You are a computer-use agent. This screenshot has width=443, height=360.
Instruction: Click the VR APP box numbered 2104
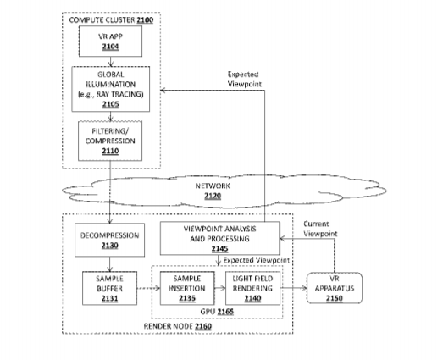pos(110,42)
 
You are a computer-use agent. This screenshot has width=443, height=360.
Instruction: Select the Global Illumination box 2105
pos(111,89)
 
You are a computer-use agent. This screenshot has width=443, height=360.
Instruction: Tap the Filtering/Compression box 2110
pos(110,141)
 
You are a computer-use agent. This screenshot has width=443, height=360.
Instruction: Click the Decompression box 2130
pos(109,240)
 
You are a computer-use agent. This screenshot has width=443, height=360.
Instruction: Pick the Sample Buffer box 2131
pos(109,288)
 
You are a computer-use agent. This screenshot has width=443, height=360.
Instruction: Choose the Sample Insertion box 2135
pos(187,288)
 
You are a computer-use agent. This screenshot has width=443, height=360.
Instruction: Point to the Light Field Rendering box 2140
pos(253,288)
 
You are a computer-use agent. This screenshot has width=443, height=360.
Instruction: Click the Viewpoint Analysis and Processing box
pos(220,238)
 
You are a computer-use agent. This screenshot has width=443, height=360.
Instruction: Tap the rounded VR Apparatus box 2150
pos(335,288)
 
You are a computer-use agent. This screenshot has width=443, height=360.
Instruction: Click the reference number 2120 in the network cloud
pos(213,196)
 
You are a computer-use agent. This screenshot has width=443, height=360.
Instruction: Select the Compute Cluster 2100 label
pos(111,20)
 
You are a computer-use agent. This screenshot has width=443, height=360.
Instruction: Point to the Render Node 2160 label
pos(178,326)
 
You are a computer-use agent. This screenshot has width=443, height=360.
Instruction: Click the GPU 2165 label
pos(217,312)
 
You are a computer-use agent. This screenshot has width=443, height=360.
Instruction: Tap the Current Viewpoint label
pos(320,229)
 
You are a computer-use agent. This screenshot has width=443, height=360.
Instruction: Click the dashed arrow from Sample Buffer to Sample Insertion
pos(148,288)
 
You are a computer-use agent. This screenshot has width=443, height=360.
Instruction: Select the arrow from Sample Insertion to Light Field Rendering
pos(220,288)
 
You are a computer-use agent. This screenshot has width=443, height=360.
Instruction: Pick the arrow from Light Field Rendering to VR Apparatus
pos(294,288)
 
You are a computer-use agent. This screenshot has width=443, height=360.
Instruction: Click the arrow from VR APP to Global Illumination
pos(110,62)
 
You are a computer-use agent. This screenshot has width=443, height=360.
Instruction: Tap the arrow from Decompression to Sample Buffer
pos(110,264)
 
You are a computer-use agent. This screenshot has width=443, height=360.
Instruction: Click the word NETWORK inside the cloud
pos(213,186)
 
